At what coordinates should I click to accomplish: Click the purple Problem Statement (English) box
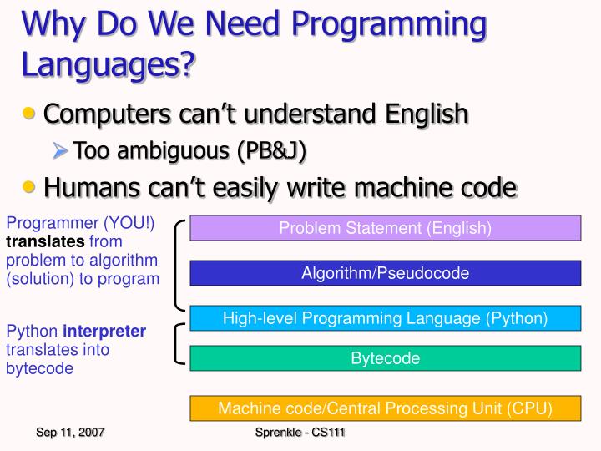pos(385,228)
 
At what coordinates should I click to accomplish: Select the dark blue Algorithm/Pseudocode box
pos(385,273)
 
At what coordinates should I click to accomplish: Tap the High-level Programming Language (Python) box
pos(385,318)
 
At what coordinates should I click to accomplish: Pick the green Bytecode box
pos(385,358)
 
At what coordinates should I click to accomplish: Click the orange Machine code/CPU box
pos(385,408)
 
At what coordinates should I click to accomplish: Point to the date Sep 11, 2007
pos(70,433)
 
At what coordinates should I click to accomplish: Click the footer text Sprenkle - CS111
pos(300,433)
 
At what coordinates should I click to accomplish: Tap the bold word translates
pos(45,241)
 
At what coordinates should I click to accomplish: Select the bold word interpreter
pos(104,332)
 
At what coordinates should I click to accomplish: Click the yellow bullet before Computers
pos(28,114)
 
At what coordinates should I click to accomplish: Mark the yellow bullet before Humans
pos(28,187)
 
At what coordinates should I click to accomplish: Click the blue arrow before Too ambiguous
pos(60,150)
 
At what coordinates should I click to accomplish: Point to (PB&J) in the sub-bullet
pos(272,150)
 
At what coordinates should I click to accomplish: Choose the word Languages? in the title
pos(109,64)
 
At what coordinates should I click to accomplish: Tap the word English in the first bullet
pos(427,113)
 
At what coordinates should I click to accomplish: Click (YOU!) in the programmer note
pos(129,223)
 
